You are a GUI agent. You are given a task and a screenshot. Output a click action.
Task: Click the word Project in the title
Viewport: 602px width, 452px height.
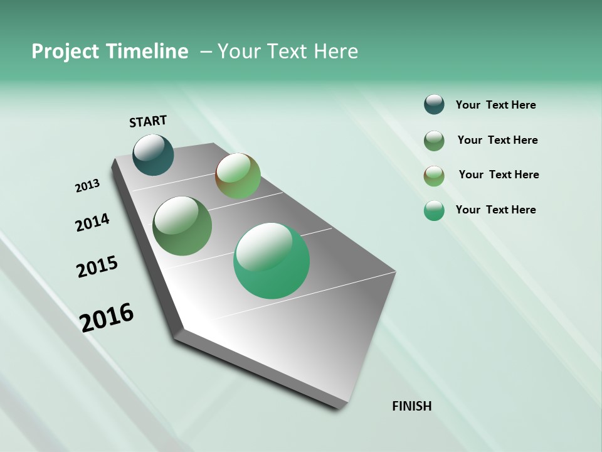[66, 51]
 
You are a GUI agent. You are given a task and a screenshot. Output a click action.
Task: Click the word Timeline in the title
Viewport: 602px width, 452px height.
[148, 51]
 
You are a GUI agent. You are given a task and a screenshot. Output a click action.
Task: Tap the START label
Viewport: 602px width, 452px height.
[148, 121]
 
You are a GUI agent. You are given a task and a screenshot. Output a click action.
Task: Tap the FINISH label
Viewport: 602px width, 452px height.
[411, 406]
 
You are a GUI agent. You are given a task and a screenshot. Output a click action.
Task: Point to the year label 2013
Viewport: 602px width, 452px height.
[87, 186]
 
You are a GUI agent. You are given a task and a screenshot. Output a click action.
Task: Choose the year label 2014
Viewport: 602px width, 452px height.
[92, 222]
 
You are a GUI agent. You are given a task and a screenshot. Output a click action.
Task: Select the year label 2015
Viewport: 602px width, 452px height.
[97, 267]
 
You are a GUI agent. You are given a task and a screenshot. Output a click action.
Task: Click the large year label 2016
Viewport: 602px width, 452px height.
[107, 317]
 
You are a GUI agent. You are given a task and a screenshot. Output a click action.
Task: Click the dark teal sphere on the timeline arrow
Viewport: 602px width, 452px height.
[153, 155]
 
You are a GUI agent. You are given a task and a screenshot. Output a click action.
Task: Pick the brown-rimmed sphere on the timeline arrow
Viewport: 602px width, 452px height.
[238, 176]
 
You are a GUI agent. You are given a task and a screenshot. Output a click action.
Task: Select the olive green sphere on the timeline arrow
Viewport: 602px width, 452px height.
[182, 226]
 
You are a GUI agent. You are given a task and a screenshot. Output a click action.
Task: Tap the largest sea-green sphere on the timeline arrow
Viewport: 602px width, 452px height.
[272, 261]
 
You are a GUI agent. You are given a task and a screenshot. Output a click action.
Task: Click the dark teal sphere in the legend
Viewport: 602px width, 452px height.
[434, 104]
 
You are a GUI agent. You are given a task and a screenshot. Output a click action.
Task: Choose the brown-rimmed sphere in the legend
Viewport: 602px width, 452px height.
[434, 176]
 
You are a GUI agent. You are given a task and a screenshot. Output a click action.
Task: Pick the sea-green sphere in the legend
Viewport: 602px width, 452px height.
[434, 210]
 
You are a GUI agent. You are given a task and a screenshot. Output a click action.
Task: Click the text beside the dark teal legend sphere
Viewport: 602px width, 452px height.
[495, 105]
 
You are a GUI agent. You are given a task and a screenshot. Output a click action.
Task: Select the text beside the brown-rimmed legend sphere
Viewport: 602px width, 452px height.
[499, 175]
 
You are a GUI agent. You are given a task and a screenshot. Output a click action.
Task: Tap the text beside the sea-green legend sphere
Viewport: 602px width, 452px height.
[495, 210]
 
